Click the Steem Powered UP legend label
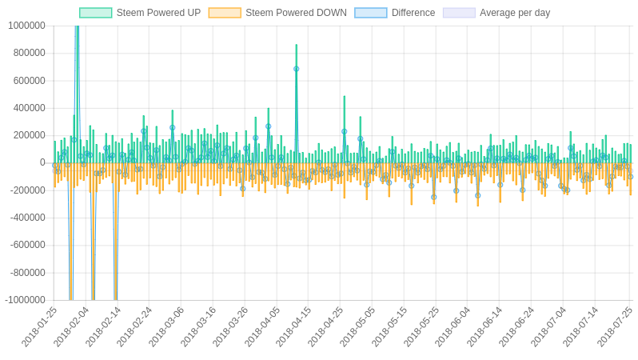click(158, 13)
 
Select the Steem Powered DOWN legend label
click(296, 13)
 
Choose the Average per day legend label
click(515, 13)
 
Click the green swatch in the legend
click(96, 13)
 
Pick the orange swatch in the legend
click(225, 13)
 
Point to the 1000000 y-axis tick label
click(26, 26)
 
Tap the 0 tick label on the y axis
click(42, 163)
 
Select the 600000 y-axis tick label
click(29, 81)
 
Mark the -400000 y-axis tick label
click(27, 218)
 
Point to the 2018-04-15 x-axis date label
click(294, 326)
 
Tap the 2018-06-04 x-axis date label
click(453, 326)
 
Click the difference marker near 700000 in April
click(296, 69)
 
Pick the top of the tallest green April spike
click(296, 45)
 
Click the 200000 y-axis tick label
click(29, 135)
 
